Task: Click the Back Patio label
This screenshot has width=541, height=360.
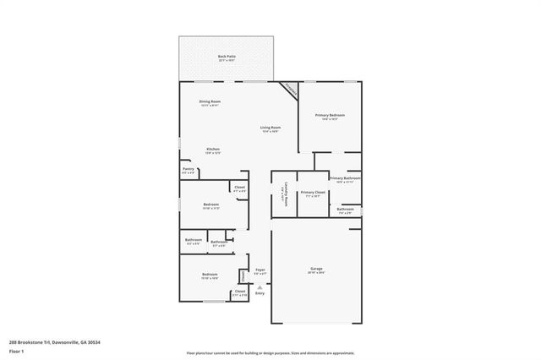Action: point(227,57)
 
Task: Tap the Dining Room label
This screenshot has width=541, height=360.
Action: point(210,102)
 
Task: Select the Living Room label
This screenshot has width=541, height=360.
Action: point(270,128)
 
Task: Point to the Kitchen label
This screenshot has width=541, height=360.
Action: point(213,150)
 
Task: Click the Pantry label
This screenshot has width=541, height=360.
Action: point(188,170)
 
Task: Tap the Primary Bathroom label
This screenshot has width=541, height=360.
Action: point(345,178)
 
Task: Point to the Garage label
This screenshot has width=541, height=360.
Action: point(315,270)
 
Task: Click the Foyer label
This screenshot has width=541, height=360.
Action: point(260,270)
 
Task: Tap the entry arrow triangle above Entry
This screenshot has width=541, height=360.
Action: point(260,287)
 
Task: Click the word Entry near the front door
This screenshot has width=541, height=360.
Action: point(260,293)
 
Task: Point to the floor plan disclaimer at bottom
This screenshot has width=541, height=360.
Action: point(270,352)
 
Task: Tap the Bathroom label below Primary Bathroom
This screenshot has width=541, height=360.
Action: point(345,210)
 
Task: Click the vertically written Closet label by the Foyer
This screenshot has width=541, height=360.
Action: point(243,275)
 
